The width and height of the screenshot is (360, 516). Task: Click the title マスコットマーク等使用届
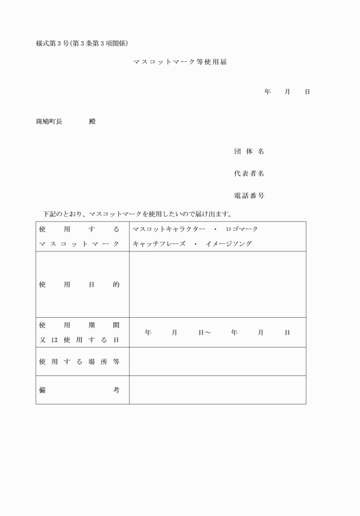179,62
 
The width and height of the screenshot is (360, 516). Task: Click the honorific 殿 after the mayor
93,122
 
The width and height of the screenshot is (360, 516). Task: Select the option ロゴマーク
242,229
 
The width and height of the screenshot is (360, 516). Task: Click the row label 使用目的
79,284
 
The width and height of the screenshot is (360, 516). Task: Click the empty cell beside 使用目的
217,284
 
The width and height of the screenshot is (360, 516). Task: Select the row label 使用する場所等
79,362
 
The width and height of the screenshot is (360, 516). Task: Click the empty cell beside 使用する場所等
217,362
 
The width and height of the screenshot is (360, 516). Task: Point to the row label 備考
79,390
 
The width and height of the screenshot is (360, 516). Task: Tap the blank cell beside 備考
217,390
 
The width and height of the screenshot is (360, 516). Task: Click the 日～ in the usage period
205,332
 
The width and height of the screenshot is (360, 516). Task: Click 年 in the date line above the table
267,91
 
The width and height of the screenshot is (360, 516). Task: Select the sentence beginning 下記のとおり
137,214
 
